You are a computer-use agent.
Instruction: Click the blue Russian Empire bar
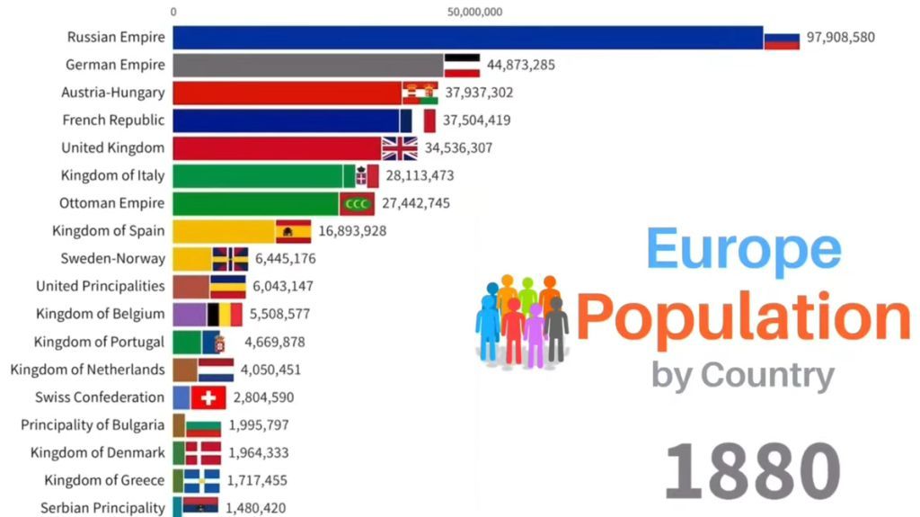467,37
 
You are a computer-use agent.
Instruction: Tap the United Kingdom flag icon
400,148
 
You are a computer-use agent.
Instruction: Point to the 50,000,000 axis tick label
474,12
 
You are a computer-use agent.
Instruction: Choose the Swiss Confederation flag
208,397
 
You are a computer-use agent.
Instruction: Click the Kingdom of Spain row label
109,231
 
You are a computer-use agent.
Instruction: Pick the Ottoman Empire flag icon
357,203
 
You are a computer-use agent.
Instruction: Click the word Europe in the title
744,248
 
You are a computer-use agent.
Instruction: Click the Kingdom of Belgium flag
225,314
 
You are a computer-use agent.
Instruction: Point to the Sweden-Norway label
113,259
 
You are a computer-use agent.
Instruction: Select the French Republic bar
286,120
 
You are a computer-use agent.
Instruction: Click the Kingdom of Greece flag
202,481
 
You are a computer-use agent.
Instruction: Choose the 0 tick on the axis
173,12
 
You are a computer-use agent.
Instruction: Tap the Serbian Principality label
103,508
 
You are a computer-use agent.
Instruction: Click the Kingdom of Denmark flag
203,453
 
